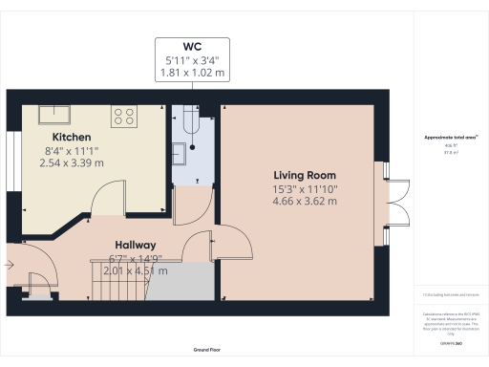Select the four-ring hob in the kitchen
pos(124,117)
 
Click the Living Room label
pos(301,175)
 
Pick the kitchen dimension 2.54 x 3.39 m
pos(73,163)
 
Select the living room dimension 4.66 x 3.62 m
pos(301,202)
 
